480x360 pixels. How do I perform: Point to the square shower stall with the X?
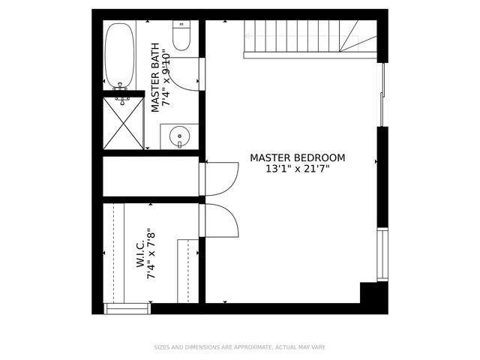[x=122, y=122]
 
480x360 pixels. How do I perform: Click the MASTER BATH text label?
[x=156, y=76]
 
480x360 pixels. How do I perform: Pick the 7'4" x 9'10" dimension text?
[x=167, y=76]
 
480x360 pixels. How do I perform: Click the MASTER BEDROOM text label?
[x=297, y=157]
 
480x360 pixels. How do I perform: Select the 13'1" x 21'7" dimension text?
[x=297, y=169]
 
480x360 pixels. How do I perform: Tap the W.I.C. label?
[x=140, y=254]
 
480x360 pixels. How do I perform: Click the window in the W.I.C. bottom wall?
[x=127, y=308]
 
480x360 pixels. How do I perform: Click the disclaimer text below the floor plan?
[x=239, y=347]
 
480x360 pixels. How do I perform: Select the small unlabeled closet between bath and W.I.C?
[x=150, y=177]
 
